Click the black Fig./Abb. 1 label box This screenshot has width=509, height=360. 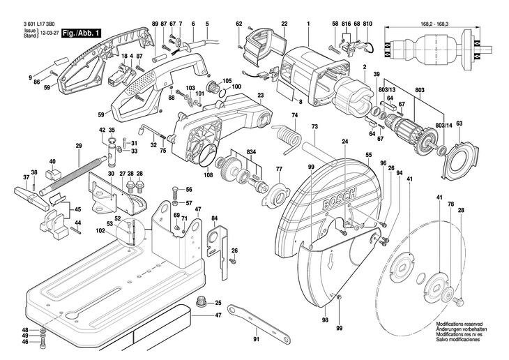pos(82,33)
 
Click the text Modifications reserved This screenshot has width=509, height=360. pos(459,324)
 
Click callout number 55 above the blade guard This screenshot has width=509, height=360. pos(367,153)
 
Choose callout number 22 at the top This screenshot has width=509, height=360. pos(284,24)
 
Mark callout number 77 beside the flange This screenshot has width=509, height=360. pos(278,169)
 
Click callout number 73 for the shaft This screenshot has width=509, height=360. pos(314,126)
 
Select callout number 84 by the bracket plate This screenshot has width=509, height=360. pos(215,218)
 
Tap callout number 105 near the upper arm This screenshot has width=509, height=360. pos(227,80)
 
